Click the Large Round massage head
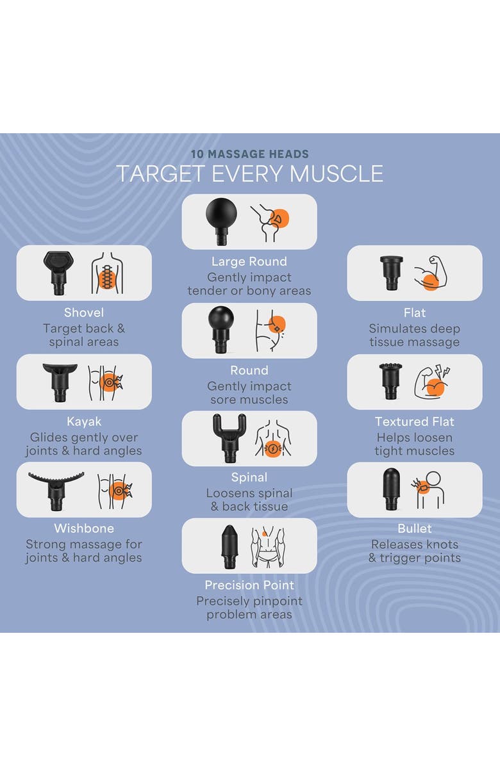coord(221,220)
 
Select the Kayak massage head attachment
coord(60,382)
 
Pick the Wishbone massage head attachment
coord(56,490)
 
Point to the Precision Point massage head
coord(229,546)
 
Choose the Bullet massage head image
coord(391,489)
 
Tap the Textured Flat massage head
coord(390,381)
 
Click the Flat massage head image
coord(392,273)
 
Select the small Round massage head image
coord(221,329)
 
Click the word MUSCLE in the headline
coord(337,174)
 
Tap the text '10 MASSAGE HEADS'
coord(250,154)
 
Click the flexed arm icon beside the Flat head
coord(431,273)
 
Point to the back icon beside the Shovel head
coord(107,273)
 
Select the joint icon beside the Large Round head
coord(270,222)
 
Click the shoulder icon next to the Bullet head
coord(429,490)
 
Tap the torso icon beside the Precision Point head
coord(268,547)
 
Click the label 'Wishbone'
coord(84,528)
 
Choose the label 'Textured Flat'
coord(415,421)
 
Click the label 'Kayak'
coord(84,421)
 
